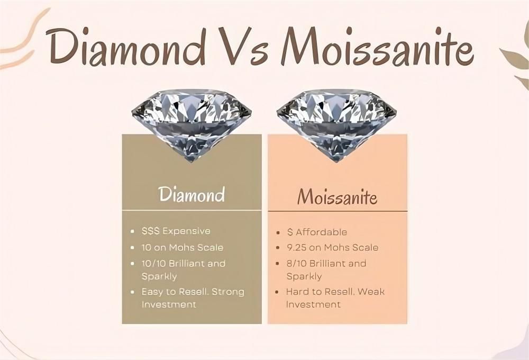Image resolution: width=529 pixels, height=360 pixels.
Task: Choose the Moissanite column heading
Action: tap(337, 197)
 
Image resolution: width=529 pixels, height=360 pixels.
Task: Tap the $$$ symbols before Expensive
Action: tap(150, 231)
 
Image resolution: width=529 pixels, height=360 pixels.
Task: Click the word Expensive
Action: tap(186, 231)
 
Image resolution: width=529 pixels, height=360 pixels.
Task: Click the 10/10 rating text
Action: tap(153, 263)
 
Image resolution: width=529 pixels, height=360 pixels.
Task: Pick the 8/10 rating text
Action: tap(296, 263)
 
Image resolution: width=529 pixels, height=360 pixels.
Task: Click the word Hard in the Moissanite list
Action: tap(297, 292)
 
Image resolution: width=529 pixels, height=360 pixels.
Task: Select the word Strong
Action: tap(229, 292)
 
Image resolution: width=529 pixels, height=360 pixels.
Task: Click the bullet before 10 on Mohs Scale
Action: tap(132, 248)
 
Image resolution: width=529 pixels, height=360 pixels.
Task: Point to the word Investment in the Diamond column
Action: tap(168, 304)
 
